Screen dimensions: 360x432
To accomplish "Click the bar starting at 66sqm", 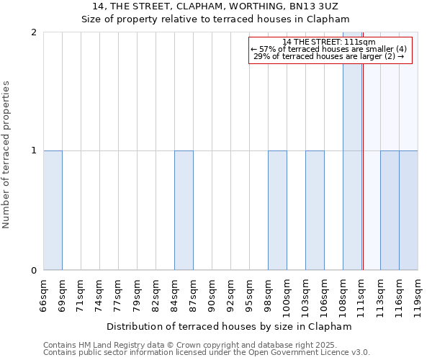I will pyautogui.click(x=53, y=210).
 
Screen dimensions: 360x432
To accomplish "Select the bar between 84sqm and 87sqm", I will pyautogui.click(x=184, y=210).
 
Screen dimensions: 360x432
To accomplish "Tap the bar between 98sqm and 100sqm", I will pyautogui.click(x=277, y=210).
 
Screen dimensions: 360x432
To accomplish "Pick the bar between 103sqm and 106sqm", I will pyautogui.click(x=315, y=210).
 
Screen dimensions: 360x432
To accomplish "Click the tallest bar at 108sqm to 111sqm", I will pyautogui.click(x=352, y=151).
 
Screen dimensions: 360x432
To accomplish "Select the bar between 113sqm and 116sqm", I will pyautogui.click(x=390, y=210).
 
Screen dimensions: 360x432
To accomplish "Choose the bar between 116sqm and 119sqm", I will pyautogui.click(x=408, y=210).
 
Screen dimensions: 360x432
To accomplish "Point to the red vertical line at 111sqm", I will pyautogui.click(x=363, y=180).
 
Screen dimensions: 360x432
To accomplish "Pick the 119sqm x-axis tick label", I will pyautogui.click(x=418, y=295).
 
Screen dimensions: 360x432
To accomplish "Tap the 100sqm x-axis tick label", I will pyautogui.click(x=287, y=295).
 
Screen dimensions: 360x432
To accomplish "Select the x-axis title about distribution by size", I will pyautogui.click(x=230, y=326).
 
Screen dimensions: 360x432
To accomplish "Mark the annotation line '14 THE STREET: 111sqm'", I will pyautogui.click(x=330, y=42).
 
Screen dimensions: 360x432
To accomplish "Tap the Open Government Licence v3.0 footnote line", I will pyautogui.click(x=207, y=353).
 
